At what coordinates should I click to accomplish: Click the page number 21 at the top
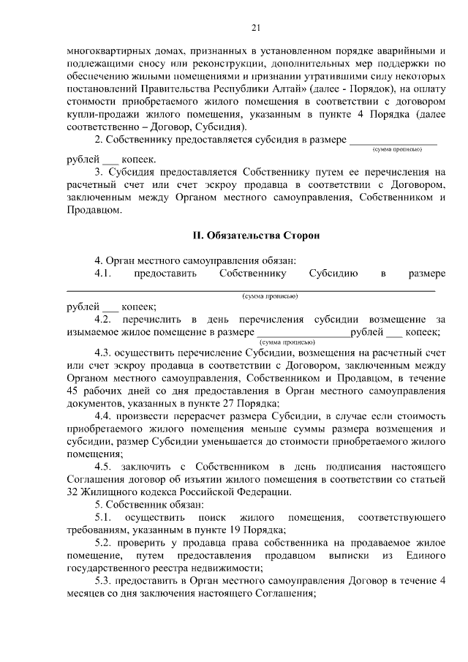255,28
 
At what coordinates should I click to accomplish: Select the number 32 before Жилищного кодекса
72,492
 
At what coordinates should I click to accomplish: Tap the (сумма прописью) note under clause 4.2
287,341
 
